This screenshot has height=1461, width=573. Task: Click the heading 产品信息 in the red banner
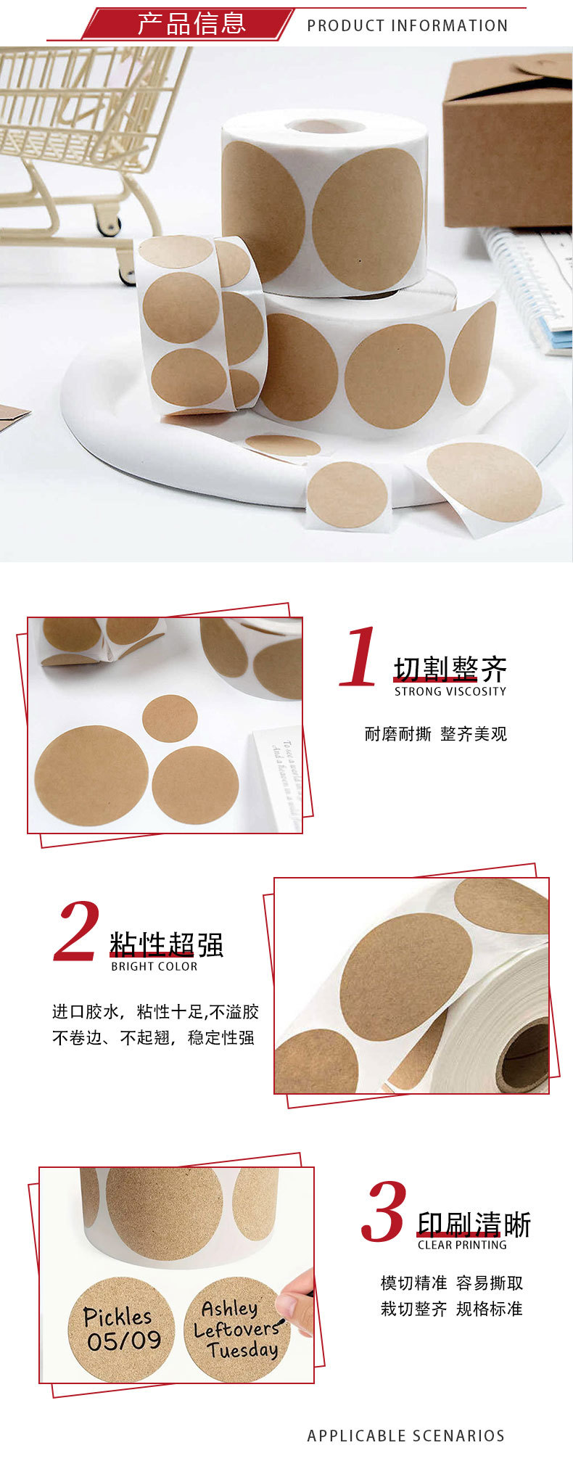(x=191, y=24)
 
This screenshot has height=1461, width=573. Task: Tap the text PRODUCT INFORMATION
(x=407, y=26)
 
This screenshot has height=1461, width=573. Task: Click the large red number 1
(x=359, y=657)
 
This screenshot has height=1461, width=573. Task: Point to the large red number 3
(x=384, y=1212)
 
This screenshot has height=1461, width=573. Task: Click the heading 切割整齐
(x=450, y=669)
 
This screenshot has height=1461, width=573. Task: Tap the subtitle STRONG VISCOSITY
(x=450, y=692)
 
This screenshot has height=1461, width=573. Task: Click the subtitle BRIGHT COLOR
(x=154, y=966)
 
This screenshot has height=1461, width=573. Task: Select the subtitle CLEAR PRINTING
(x=462, y=1245)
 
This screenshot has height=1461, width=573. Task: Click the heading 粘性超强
(x=166, y=944)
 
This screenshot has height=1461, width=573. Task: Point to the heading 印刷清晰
(x=474, y=1225)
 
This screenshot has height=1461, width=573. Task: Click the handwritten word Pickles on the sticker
(x=118, y=1316)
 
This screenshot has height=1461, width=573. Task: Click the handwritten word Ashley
(x=229, y=1308)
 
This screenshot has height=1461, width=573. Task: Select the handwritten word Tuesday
(x=242, y=1350)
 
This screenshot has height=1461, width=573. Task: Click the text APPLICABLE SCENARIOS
(x=405, y=1436)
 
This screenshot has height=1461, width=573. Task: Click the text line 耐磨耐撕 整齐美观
(x=435, y=734)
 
